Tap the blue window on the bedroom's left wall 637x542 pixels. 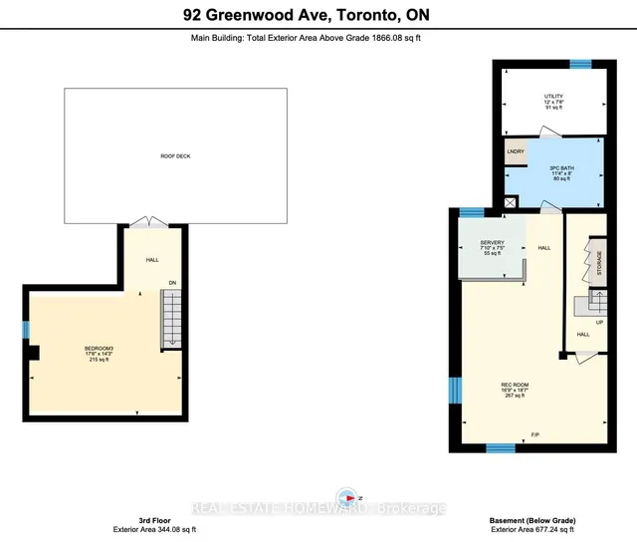coord(27,330)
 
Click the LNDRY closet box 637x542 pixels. coord(516,151)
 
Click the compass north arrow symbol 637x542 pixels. coord(347,497)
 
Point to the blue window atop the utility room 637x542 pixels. coord(581,64)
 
